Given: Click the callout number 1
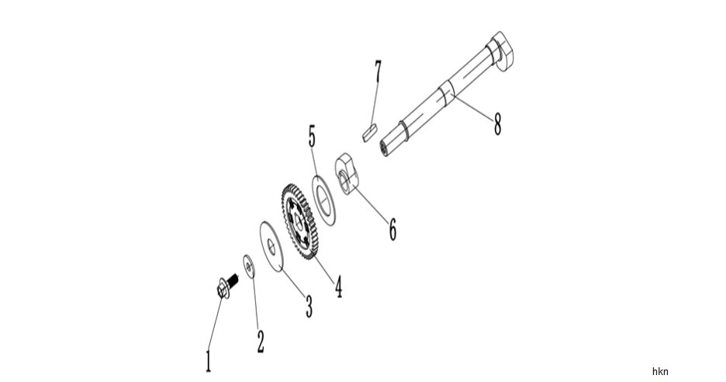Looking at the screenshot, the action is point(209,361).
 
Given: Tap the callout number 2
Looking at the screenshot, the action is point(261,342).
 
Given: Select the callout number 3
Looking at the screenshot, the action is point(309,307).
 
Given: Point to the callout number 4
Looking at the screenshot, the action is point(339,286).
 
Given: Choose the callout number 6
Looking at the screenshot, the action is point(392,229).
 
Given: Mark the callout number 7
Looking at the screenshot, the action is point(379,71).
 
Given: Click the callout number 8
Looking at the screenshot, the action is point(497,124).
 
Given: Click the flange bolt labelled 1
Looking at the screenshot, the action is point(226,286).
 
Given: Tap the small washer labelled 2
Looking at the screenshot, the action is point(250,266).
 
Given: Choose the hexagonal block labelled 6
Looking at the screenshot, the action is point(347,176).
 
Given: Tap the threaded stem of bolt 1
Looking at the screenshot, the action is point(233,280).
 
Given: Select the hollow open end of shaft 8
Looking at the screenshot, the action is point(384,148).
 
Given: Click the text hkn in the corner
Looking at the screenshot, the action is point(660,371).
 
